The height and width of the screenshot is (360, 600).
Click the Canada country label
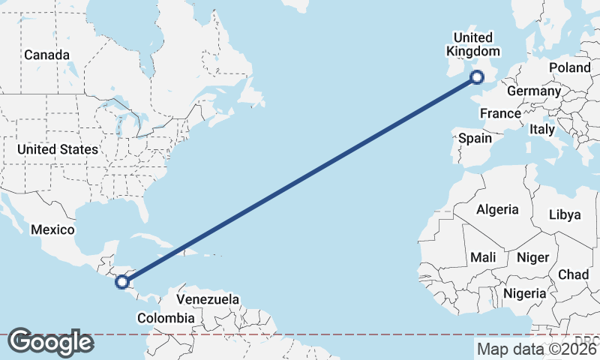coord(46,55)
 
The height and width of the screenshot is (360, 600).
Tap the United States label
coord(58,149)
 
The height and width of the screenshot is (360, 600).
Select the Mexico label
coord(52,229)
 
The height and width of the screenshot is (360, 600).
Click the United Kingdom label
coord(473,44)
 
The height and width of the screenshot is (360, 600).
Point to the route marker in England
coord(477,76)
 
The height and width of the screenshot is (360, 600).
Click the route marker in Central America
coord(122,282)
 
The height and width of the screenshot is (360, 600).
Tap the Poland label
coord(569,67)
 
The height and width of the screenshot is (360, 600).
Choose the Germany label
coord(534,91)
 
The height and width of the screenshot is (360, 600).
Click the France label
coord(500,113)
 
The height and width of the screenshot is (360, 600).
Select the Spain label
coord(475,138)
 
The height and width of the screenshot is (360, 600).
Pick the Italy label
coord(541,129)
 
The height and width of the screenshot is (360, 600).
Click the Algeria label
coord(498,209)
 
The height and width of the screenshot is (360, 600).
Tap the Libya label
coord(565,214)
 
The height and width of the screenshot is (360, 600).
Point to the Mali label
coord(483,257)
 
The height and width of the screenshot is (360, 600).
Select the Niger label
coord(532,257)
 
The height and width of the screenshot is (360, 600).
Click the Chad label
coord(573,274)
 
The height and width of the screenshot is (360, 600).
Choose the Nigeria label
coord(525,293)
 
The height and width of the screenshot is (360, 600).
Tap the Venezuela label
coord(208,299)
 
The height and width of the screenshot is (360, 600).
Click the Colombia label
coord(166,318)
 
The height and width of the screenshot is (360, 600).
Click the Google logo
coord(50,342)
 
